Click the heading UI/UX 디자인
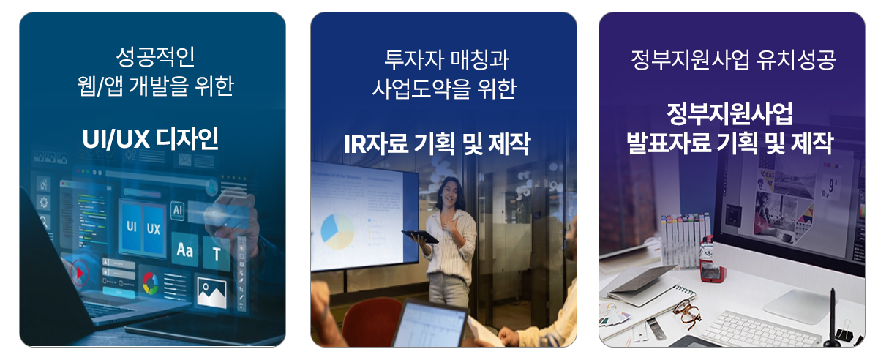click(150, 139)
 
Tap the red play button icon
click(80, 272)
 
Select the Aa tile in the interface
click(184, 250)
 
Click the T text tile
click(217, 254)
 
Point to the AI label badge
click(178, 210)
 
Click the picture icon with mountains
click(211, 292)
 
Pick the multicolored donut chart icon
click(151, 283)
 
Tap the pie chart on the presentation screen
click(337, 231)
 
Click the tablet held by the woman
click(420, 236)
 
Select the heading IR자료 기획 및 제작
click(438, 144)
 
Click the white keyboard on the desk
click(762, 329)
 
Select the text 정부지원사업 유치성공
click(733, 60)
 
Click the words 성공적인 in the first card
click(156, 57)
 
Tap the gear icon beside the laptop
click(43, 203)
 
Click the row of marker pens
click(686, 240)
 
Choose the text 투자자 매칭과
click(446, 60)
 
